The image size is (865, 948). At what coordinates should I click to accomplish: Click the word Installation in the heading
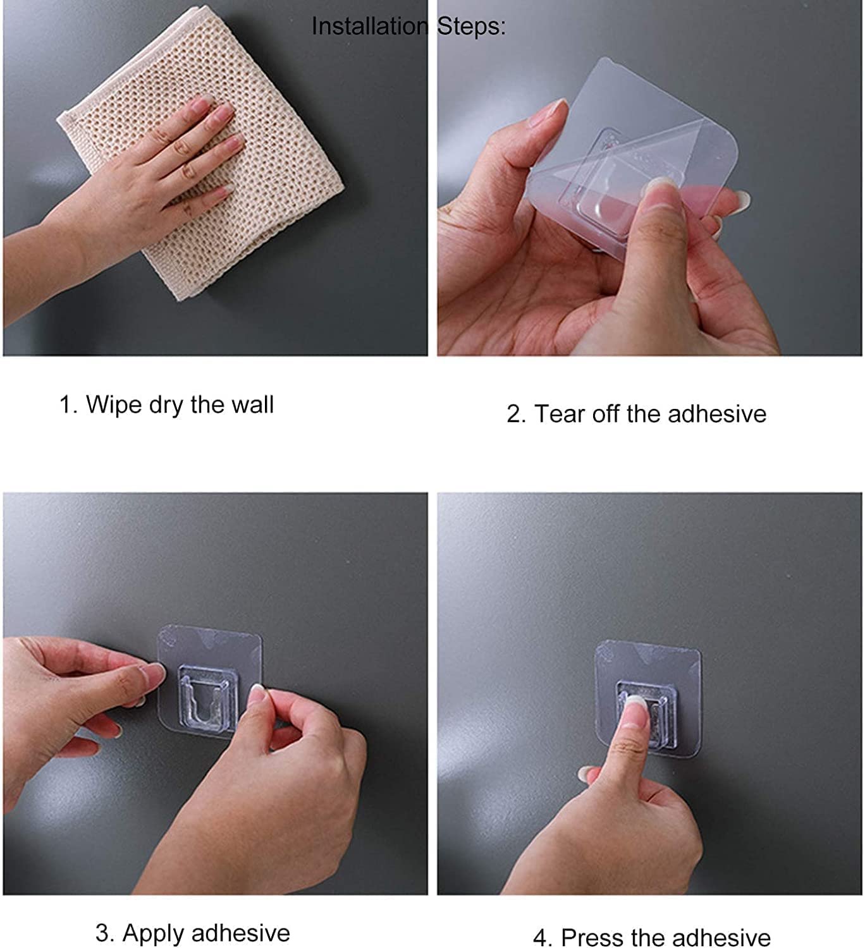coord(369,27)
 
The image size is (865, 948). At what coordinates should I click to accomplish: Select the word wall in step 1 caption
coord(252,404)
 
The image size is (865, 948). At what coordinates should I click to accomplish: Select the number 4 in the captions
coord(540,939)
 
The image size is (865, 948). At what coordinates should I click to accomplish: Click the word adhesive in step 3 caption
coord(241,933)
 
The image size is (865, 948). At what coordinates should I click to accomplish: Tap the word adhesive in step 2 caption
coord(717,414)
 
